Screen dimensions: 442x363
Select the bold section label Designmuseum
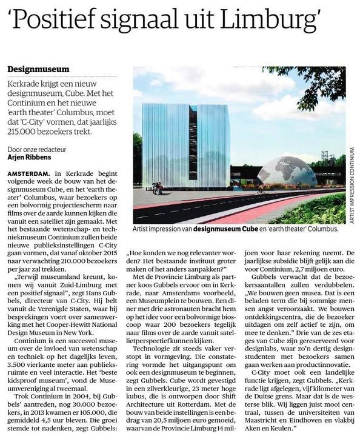tap(38, 70)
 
